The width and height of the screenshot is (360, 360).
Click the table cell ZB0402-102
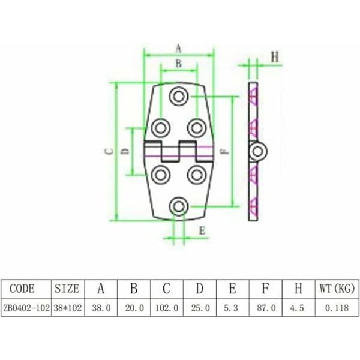click(x=26, y=308)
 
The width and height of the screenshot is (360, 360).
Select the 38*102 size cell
click(x=68, y=308)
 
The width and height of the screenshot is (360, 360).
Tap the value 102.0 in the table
click(x=167, y=308)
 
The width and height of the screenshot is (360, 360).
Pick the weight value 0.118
click(x=337, y=308)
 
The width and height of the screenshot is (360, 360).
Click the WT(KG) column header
click(x=337, y=289)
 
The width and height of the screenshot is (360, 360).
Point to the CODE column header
click(x=22, y=289)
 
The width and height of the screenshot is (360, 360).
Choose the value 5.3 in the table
click(x=231, y=308)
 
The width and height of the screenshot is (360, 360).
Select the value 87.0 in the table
click(x=266, y=308)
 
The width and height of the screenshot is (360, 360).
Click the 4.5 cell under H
click(x=297, y=308)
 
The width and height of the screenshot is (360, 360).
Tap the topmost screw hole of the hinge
click(x=179, y=96)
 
